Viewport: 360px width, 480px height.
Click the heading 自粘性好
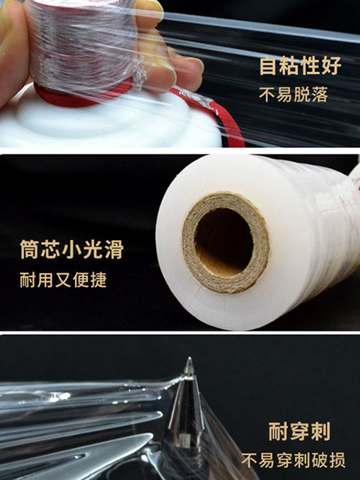click(300, 65)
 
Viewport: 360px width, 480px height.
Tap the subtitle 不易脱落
click(293, 94)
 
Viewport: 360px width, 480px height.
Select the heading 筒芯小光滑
click(72, 250)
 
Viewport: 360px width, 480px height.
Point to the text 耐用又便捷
click(63, 280)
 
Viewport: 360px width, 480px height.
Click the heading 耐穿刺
click(299, 431)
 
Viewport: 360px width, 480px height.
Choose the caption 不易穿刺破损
click(293, 460)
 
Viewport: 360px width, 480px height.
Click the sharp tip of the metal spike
click(189, 358)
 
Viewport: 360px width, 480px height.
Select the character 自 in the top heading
click(268, 65)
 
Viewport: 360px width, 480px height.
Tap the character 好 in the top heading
click(331, 65)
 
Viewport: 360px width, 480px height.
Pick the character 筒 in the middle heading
click(28, 250)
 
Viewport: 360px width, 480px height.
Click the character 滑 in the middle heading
click(114, 250)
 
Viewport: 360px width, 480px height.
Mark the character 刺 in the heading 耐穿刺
click(321, 431)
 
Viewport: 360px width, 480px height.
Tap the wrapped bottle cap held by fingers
click(81, 46)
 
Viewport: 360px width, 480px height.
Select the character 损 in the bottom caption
click(337, 460)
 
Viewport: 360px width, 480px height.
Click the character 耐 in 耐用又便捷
click(28, 280)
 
